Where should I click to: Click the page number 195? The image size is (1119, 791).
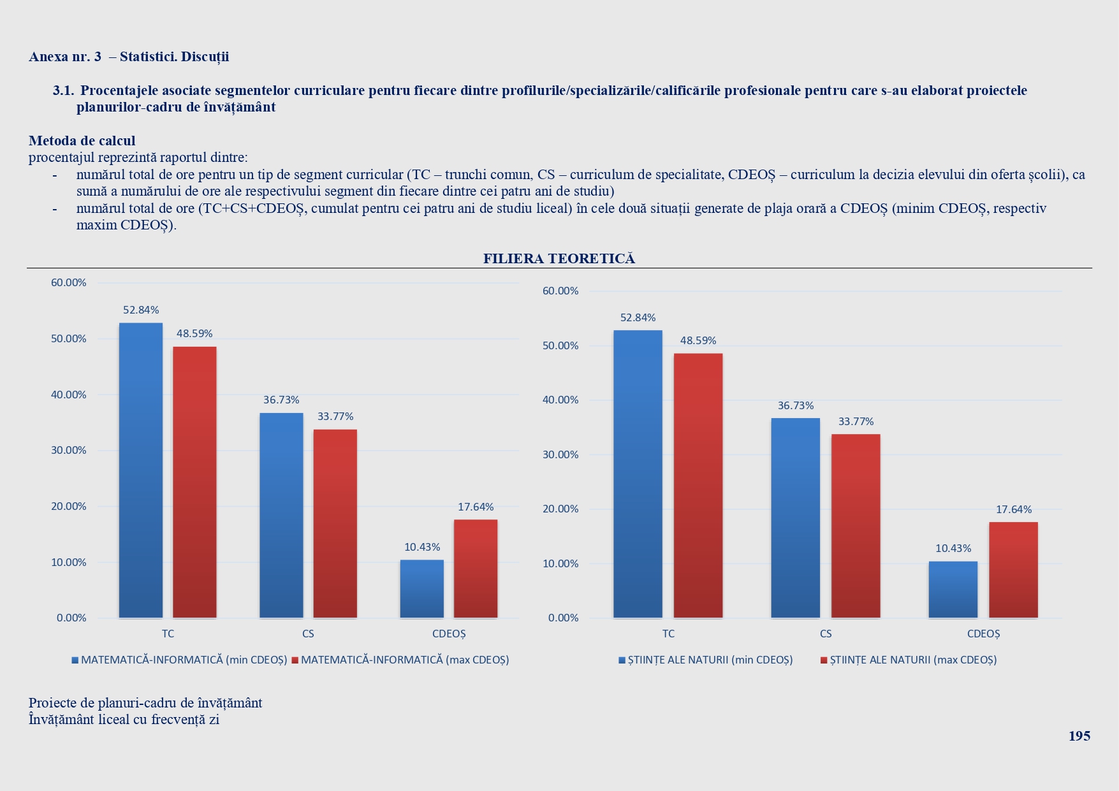point(1079,736)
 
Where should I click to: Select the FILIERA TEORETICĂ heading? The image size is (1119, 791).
point(559,259)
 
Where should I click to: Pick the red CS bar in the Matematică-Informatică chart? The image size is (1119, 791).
point(335,523)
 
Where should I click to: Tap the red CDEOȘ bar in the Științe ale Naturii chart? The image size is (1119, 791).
point(1013,570)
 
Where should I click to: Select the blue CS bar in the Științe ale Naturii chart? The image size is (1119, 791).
point(795,518)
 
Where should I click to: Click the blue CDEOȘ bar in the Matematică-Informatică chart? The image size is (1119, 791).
point(421,589)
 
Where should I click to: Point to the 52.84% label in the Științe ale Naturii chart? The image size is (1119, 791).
point(638,317)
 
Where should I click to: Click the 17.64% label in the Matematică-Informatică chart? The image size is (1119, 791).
point(476,507)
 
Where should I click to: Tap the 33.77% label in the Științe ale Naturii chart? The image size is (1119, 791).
point(856,421)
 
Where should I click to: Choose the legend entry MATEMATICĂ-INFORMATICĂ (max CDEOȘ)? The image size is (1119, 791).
point(404,660)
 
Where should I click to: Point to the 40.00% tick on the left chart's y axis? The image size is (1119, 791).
point(68,395)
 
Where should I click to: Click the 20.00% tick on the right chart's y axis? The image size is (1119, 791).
point(560,509)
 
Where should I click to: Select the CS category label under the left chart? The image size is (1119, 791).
point(308,634)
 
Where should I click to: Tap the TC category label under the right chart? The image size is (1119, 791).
point(668,634)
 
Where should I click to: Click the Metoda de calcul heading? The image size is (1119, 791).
point(82,141)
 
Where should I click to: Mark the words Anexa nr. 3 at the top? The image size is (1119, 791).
point(65,57)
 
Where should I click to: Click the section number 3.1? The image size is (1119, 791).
point(63,91)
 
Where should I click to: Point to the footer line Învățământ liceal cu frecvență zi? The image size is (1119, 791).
point(124,720)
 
